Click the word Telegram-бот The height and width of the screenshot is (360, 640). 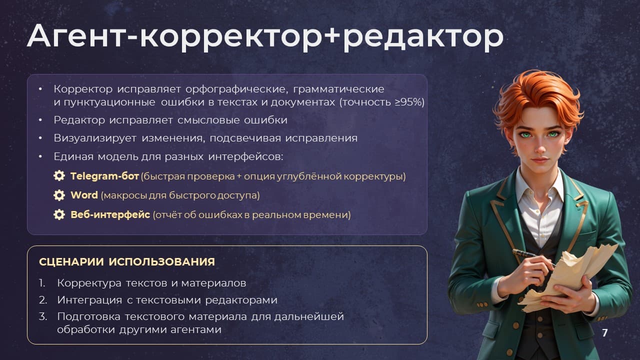pos(104,176)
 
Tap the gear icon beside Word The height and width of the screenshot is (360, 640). pos(59,195)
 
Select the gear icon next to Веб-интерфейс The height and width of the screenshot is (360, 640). pos(59,214)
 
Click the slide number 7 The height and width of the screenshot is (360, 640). pos(605,333)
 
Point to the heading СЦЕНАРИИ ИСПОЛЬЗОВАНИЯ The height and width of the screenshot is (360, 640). pos(127,262)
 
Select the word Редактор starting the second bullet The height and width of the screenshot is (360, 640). pos(79,120)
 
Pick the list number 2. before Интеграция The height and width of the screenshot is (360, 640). pos(43,300)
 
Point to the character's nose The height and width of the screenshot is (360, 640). pos(540,147)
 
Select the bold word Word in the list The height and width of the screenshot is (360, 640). pos(84,195)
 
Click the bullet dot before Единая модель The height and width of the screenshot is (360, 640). pos(40,156)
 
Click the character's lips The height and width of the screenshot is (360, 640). pos(539,160)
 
